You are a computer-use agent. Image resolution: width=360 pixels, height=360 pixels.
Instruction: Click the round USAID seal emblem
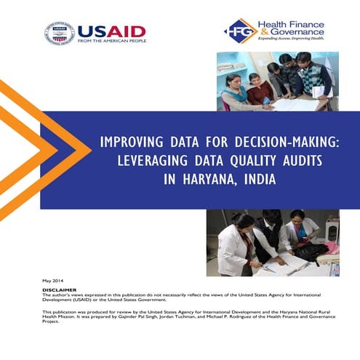click(59, 33)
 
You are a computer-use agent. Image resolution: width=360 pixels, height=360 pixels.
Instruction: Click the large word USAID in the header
click(111, 31)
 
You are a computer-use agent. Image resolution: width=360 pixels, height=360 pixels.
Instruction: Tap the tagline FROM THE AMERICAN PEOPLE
click(111, 41)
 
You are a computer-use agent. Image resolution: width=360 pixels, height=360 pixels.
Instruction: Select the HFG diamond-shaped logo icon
click(239, 31)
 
